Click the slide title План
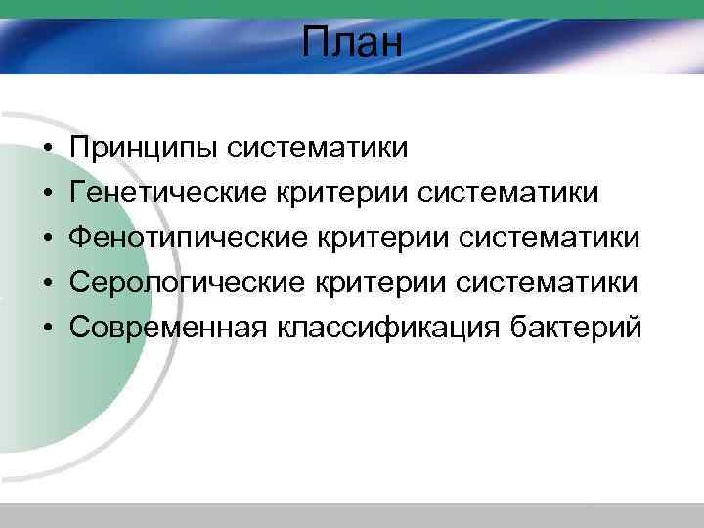click(x=352, y=44)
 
